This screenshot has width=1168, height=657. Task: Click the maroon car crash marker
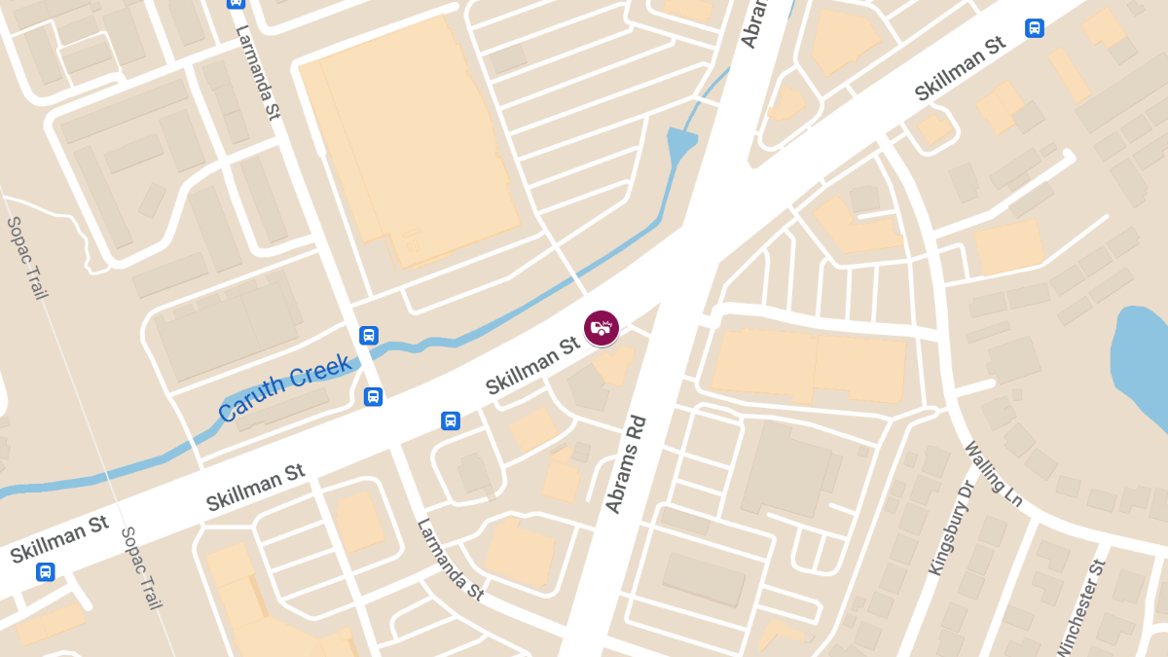[x=602, y=328]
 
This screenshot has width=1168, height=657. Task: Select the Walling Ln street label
[x=993, y=474]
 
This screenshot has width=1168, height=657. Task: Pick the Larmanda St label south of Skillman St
[x=450, y=559]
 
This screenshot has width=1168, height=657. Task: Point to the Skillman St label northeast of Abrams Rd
[x=960, y=70]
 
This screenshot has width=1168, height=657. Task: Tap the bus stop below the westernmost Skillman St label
[x=45, y=571]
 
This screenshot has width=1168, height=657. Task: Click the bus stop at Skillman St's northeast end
[x=1034, y=28]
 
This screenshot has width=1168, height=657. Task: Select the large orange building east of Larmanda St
[x=409, y=136]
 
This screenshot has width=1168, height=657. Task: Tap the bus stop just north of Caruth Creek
[x=368, y=336]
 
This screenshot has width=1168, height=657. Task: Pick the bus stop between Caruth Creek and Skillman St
[x=373, y=396]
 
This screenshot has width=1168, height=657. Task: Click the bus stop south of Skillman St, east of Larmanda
[x=450, y=420]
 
